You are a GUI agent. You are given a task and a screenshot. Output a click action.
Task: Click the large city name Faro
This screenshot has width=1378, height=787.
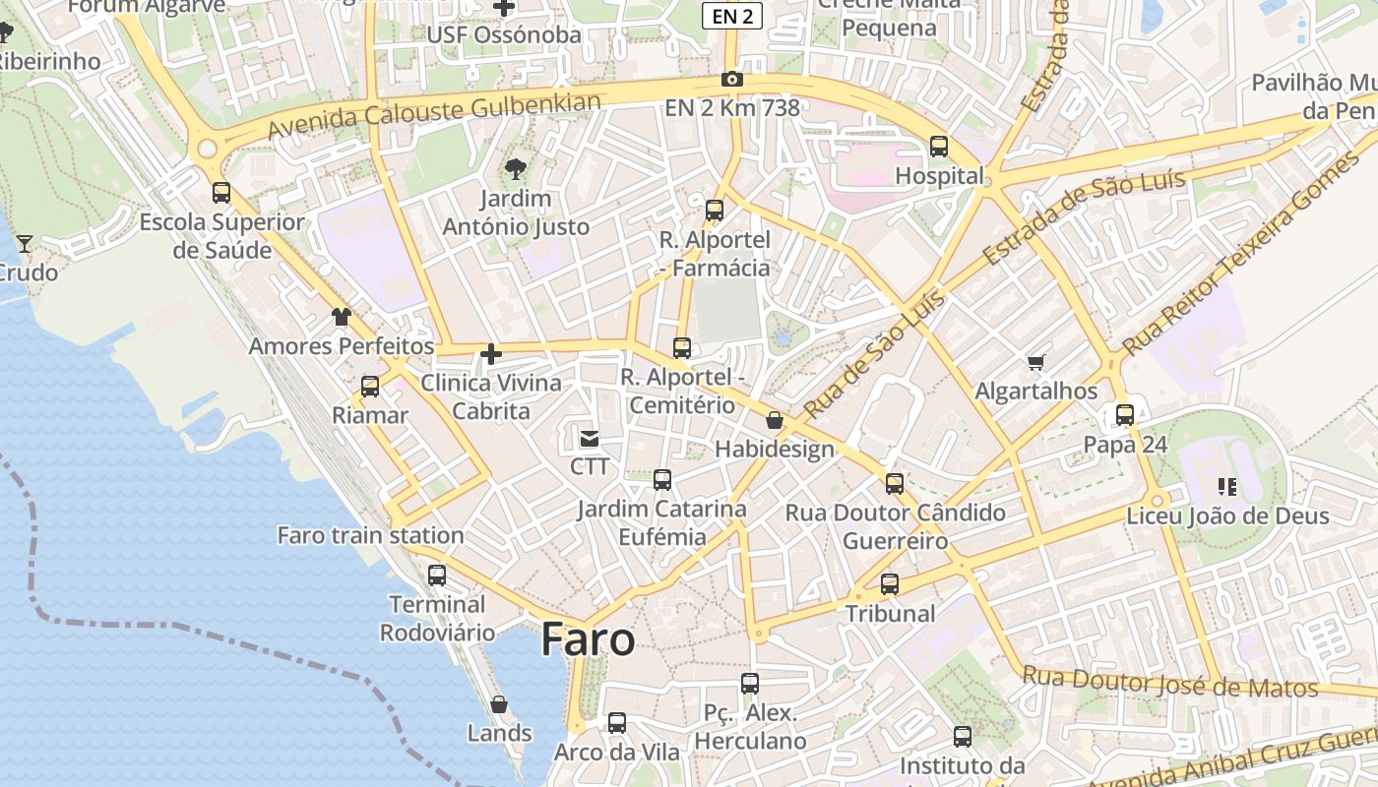click(588, 639)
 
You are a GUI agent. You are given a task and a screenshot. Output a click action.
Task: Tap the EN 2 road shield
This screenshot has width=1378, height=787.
click(732, 15)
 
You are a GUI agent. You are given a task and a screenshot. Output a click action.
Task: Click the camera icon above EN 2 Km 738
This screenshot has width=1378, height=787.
click(731, 80)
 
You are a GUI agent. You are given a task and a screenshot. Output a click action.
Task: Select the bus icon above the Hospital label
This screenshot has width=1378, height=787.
click(939, 147)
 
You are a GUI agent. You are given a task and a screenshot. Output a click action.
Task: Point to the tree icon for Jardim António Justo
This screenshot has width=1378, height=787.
click(515, 170)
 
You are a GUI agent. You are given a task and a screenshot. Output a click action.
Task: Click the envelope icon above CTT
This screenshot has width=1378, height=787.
click(589, 438)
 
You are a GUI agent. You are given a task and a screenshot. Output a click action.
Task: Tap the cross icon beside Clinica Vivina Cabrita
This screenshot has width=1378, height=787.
click(490, 354)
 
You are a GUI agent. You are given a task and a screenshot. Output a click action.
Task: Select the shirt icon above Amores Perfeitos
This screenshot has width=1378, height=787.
click(341, 317)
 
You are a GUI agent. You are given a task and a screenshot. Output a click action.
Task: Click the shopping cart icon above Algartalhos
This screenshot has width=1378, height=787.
click(1035, 363)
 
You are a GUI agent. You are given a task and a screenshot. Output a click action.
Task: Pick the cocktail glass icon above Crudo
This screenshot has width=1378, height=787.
click(25, 243)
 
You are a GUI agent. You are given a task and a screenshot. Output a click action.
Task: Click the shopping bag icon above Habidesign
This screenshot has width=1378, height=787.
click(775, 420)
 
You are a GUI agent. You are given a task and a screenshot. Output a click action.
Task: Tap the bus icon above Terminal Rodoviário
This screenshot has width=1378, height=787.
click(436, 575)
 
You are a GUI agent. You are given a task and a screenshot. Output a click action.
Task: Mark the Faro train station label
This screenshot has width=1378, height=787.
click(370, 536)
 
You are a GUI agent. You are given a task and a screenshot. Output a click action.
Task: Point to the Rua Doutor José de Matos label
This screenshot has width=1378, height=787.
click(1169, 682)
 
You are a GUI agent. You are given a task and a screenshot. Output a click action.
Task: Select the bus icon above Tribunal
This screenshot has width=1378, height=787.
click(890, 584)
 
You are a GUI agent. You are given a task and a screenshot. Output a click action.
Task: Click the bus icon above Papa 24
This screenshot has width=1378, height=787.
click(1125, 415)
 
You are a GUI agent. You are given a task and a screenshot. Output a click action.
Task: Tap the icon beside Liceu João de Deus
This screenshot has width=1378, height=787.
click(1226, 486)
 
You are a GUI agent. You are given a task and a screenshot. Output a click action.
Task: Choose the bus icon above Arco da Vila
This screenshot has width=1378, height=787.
click(616, 723)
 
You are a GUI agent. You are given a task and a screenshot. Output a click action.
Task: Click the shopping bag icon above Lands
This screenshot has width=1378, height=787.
click(499, 704)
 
